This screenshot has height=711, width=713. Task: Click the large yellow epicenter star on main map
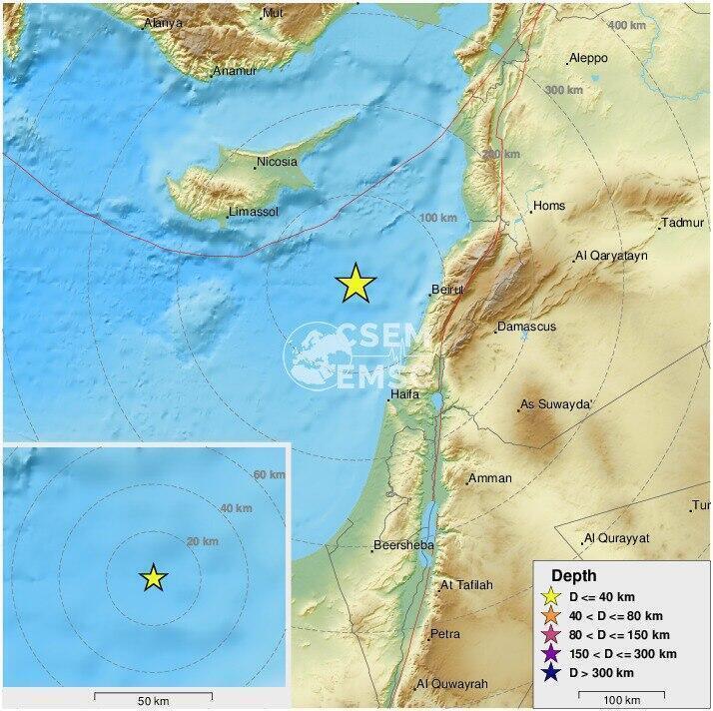tap(356, 284)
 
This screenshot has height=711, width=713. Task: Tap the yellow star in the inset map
tap(153, 577)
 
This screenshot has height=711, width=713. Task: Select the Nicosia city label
tap(277, 162)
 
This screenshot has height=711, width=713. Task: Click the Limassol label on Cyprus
tap(253, 213)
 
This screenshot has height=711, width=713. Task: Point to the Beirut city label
tap(447, 291)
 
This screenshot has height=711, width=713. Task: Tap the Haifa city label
tap(405, 394)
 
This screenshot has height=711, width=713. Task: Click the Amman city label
tap(490, 478)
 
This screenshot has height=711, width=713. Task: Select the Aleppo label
tap(588, 59)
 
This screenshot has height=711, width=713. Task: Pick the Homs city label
tap(549, 207)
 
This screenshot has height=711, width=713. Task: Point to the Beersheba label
tap(402, 545)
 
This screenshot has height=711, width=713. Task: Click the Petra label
tap(444, 634)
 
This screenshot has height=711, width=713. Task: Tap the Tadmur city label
tap(683, 223)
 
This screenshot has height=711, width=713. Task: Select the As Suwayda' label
tap(557, 405)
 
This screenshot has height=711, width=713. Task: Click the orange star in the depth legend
tap(549, 616)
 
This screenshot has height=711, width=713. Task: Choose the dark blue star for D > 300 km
tap(549, 673)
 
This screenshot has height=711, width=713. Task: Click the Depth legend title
tap(573, 576)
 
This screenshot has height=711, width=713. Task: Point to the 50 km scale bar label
tap(147, 701)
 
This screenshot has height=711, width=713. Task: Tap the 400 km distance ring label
tap(626, 25)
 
